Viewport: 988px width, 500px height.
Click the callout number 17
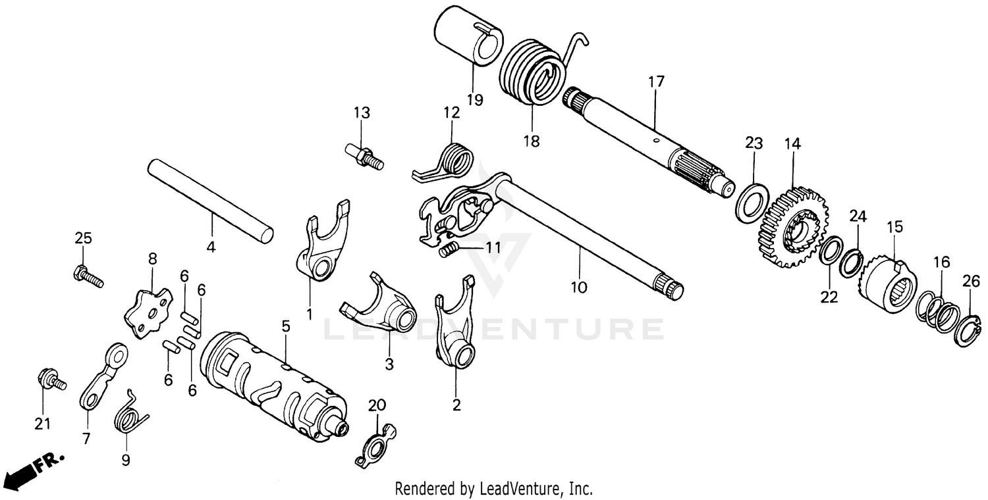(656, 82)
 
